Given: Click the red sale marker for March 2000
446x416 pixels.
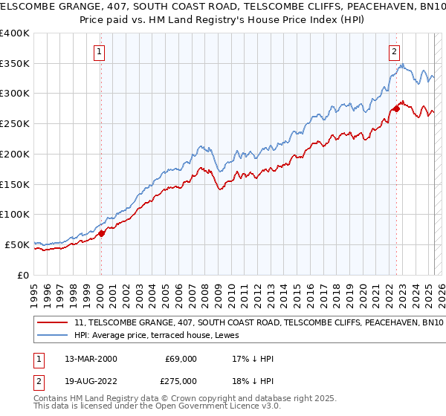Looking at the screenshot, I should pyautogui.click(x=102, y=233).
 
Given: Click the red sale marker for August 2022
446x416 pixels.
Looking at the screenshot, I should pyautogui.click(x=396, y=108).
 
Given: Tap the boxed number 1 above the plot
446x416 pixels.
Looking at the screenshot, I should pyautogui.click(x=99, y=52).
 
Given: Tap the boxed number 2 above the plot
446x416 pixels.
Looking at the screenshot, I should pyautogui.click(x=393, y=52).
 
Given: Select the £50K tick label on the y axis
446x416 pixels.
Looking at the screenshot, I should pyautogui.click(x=18, y=244).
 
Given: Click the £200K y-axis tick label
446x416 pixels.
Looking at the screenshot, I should pyautogui.click(x=15, y=155).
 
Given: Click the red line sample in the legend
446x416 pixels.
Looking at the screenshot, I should pyautogui.click(x=54, y=323).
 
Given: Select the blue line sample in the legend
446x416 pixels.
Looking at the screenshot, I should pyautogui.click(x=54, y=335).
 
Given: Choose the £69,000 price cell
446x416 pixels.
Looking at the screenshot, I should pyautogui.click(x=181, y=359).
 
